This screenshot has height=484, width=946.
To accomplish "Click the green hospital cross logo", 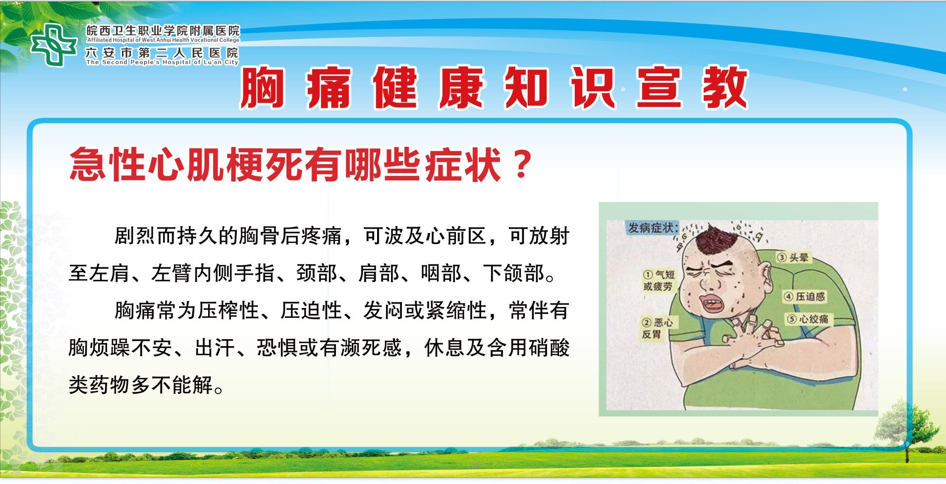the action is point(54,45).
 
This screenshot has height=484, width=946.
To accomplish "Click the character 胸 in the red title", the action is point(263,88).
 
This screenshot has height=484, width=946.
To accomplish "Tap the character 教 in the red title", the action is point(725,88).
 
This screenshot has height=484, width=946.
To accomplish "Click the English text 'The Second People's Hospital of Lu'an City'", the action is point(162,62).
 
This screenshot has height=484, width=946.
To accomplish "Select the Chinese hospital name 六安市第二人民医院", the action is point(162,53).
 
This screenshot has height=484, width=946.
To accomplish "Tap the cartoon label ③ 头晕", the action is point(793,257).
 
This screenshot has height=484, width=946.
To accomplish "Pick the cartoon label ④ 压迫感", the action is point(804,297).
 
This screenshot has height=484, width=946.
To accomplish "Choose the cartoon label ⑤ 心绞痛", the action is point(808,319).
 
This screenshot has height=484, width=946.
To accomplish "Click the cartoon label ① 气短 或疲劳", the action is point(659,280).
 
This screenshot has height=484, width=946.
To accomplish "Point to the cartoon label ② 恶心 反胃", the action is point(657,328).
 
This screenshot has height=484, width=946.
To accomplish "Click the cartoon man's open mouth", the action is point(712,303).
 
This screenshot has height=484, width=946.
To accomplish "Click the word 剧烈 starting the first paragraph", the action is point(135,236).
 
